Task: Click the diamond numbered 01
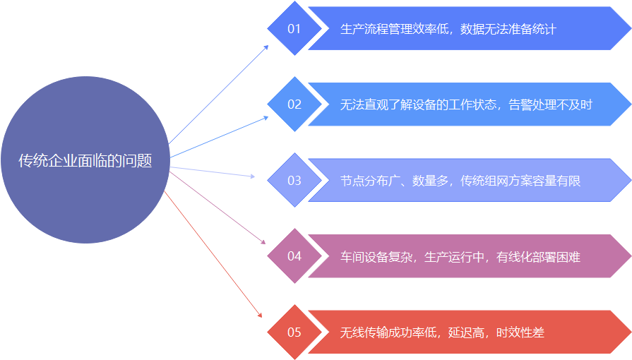click(294, 29)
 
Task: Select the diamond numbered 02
click(294, 104)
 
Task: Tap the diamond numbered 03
click(294, 181)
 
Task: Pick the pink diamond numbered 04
click(294, 256)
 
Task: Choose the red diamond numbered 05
click(294, 332)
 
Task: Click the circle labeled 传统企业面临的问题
click(85, 160)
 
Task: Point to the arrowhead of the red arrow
click(260, 316)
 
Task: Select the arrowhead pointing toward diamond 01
click(266, 47)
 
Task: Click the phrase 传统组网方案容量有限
click(520, 181)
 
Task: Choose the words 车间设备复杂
click(376, 256)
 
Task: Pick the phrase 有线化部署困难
click(538, 256)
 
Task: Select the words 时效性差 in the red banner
click(520, 332)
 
